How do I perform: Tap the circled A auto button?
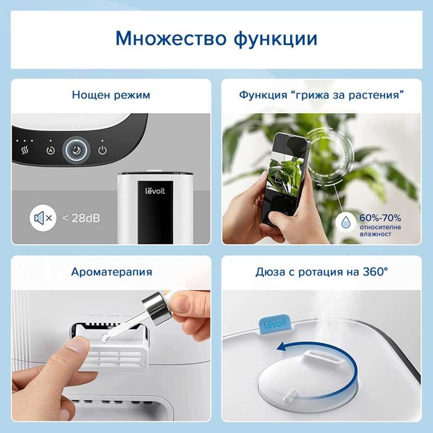[x=50, y=150]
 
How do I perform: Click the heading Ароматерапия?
[x=111, y=272]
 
